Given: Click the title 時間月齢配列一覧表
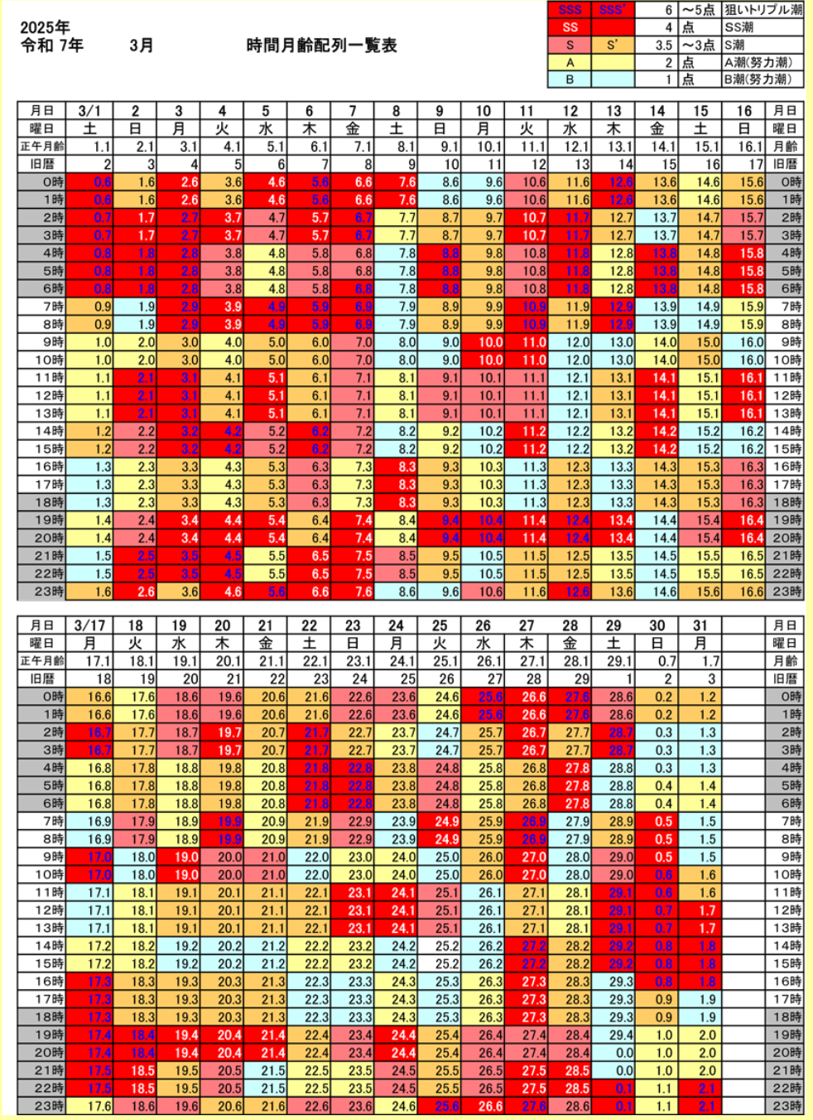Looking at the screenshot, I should pos(321,46).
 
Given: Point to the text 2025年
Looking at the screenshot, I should pos(45,27).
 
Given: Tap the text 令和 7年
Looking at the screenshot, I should pos(51,46).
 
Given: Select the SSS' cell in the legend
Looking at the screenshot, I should pos(613,10).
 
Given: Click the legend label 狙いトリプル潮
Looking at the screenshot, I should pos(762,10).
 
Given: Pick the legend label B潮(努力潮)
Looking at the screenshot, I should pos(758,80).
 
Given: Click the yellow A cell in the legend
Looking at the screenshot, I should pos(570,62).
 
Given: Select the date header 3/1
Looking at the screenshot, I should pos(89,111).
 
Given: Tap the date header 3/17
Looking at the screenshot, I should pos(89,625).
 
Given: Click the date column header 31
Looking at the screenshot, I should pos(700,625).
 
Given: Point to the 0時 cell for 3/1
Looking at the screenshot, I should pos(90,182).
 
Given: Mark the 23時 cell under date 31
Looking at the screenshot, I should pos(700,1106).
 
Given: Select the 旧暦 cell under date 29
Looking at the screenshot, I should pos(613,679).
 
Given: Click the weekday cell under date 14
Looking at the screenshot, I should pos(657,128).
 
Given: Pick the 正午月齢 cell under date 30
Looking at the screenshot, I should pos(657,661).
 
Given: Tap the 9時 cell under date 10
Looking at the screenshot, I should pos(483,342).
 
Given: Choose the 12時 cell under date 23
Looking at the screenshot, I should pos(353,910).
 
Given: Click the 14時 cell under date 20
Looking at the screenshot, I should pos(222,946).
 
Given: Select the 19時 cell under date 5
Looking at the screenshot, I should pos(266,520).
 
